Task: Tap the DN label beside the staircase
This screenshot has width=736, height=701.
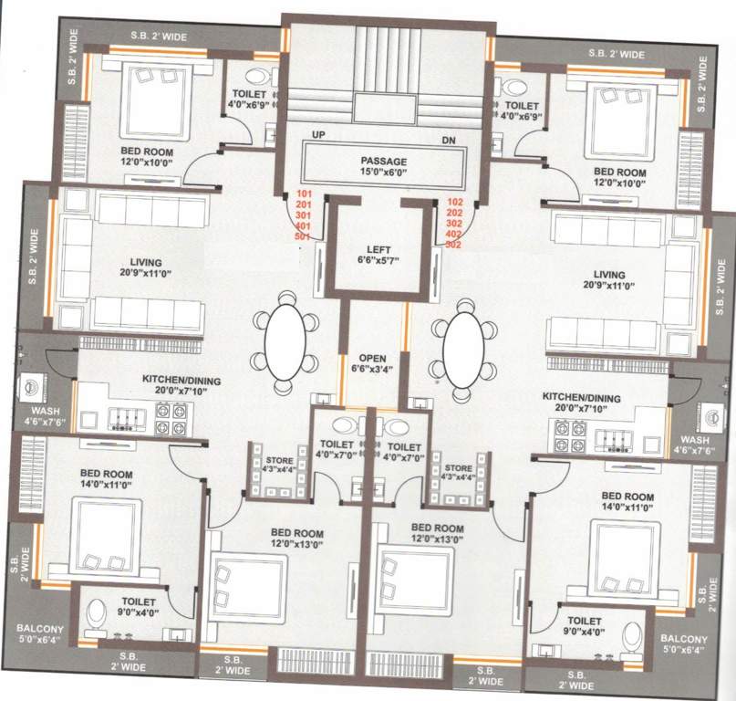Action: [x=447, y=141]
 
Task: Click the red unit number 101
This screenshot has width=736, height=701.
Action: [x=304, y=194]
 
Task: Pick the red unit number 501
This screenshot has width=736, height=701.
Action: [x=304, y=236]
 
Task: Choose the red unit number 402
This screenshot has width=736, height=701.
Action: [x=454, y=234]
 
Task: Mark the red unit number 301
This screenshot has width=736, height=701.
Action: [x=304, y=215]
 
